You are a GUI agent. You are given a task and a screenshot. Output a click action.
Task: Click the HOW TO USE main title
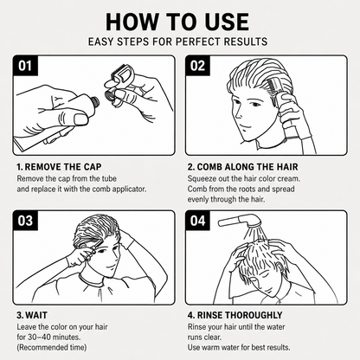tap(177, 22)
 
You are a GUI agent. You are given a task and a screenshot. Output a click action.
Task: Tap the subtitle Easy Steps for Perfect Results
tap(177, 42)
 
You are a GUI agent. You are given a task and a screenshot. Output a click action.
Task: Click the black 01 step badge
tap(25, 66)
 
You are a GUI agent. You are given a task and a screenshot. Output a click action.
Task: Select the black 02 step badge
tap(197, 66)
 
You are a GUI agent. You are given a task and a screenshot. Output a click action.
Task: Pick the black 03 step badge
tap(25, 221)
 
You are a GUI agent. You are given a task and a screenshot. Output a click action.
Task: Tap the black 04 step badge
tap(197, 221)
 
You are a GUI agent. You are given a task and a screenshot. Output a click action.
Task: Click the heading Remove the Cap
tap(59, 167)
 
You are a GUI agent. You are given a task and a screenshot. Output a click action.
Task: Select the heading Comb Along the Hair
tap(243, 167)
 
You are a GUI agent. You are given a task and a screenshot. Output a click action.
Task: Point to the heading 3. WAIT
tap(32, 315)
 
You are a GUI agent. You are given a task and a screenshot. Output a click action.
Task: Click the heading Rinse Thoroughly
tap(235, 315)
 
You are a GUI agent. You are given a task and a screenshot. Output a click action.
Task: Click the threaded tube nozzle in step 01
tap(95, 101)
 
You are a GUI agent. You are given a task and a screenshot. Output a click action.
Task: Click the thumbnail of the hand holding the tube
tap(80, 119)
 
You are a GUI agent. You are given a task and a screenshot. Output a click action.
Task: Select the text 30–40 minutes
tap(55, 337)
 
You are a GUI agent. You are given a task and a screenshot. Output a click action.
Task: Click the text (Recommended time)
tap(52, 347)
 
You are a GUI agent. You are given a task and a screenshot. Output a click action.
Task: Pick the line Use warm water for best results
tap(239, 347)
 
